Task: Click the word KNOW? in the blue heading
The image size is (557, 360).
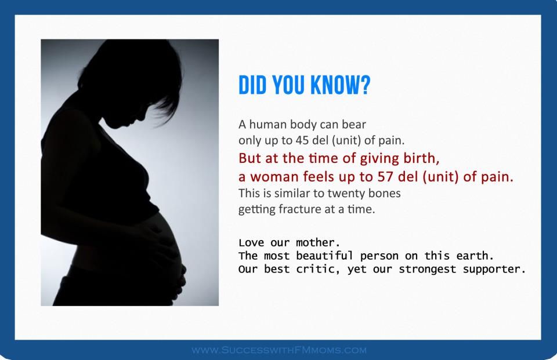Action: [340, 85]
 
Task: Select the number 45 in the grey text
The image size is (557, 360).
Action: [302, 140]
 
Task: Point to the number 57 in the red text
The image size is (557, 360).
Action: [385, 176]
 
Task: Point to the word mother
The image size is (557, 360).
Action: [319, 243]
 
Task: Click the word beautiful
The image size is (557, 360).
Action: [324, 256]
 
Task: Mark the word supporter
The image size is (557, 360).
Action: [494, 270]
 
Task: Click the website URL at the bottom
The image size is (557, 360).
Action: [279, 350]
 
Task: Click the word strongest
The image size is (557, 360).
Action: [428, 270]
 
